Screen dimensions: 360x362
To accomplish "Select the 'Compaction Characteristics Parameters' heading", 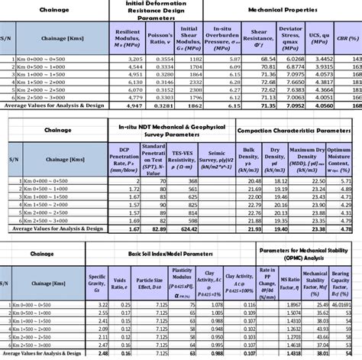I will pos(298,131).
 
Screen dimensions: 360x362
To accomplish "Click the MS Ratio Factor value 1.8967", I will pos(288,305).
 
